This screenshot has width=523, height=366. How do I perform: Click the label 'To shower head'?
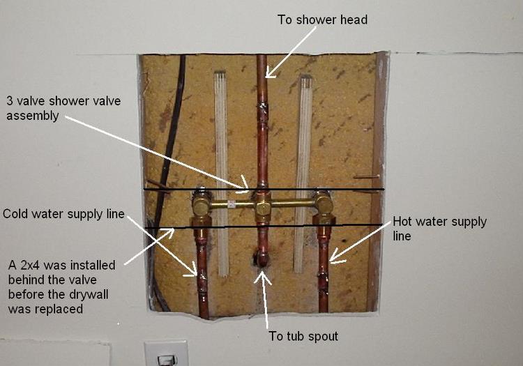point(322,20)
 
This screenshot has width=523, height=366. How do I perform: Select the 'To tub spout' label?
point(303,336)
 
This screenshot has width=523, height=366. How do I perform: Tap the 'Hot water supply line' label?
point(439,229)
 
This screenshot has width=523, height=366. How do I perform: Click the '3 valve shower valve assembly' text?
point(63,108)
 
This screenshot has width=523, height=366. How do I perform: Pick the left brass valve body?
point(201,203)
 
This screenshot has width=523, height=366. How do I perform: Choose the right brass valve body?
point(323,203)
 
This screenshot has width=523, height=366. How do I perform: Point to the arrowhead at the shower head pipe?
point(269,73)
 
